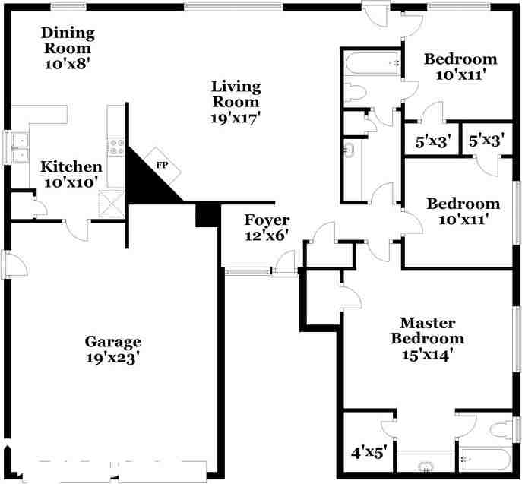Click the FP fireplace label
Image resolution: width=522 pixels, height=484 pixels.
point(162,164)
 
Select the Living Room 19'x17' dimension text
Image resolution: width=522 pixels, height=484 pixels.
point(236,118)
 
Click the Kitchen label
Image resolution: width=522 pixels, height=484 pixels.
point(71,167)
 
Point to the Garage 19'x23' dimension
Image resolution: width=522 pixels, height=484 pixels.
point(113,359)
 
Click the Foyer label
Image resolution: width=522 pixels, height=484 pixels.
point(266,220)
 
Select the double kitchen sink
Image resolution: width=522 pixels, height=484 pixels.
point(20,149)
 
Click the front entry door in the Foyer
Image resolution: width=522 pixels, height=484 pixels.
point(285,264)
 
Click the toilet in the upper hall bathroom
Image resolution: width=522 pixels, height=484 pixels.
point(356,93)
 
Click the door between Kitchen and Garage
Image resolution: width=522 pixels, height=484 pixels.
point(77,226)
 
